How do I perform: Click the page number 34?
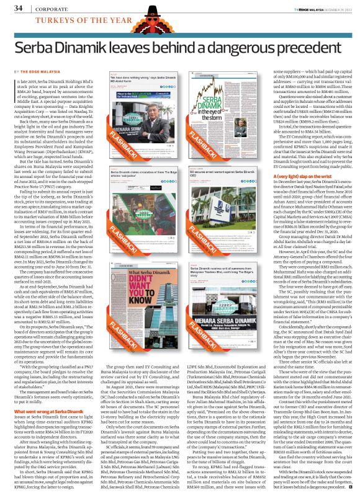tap(18, 9)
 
